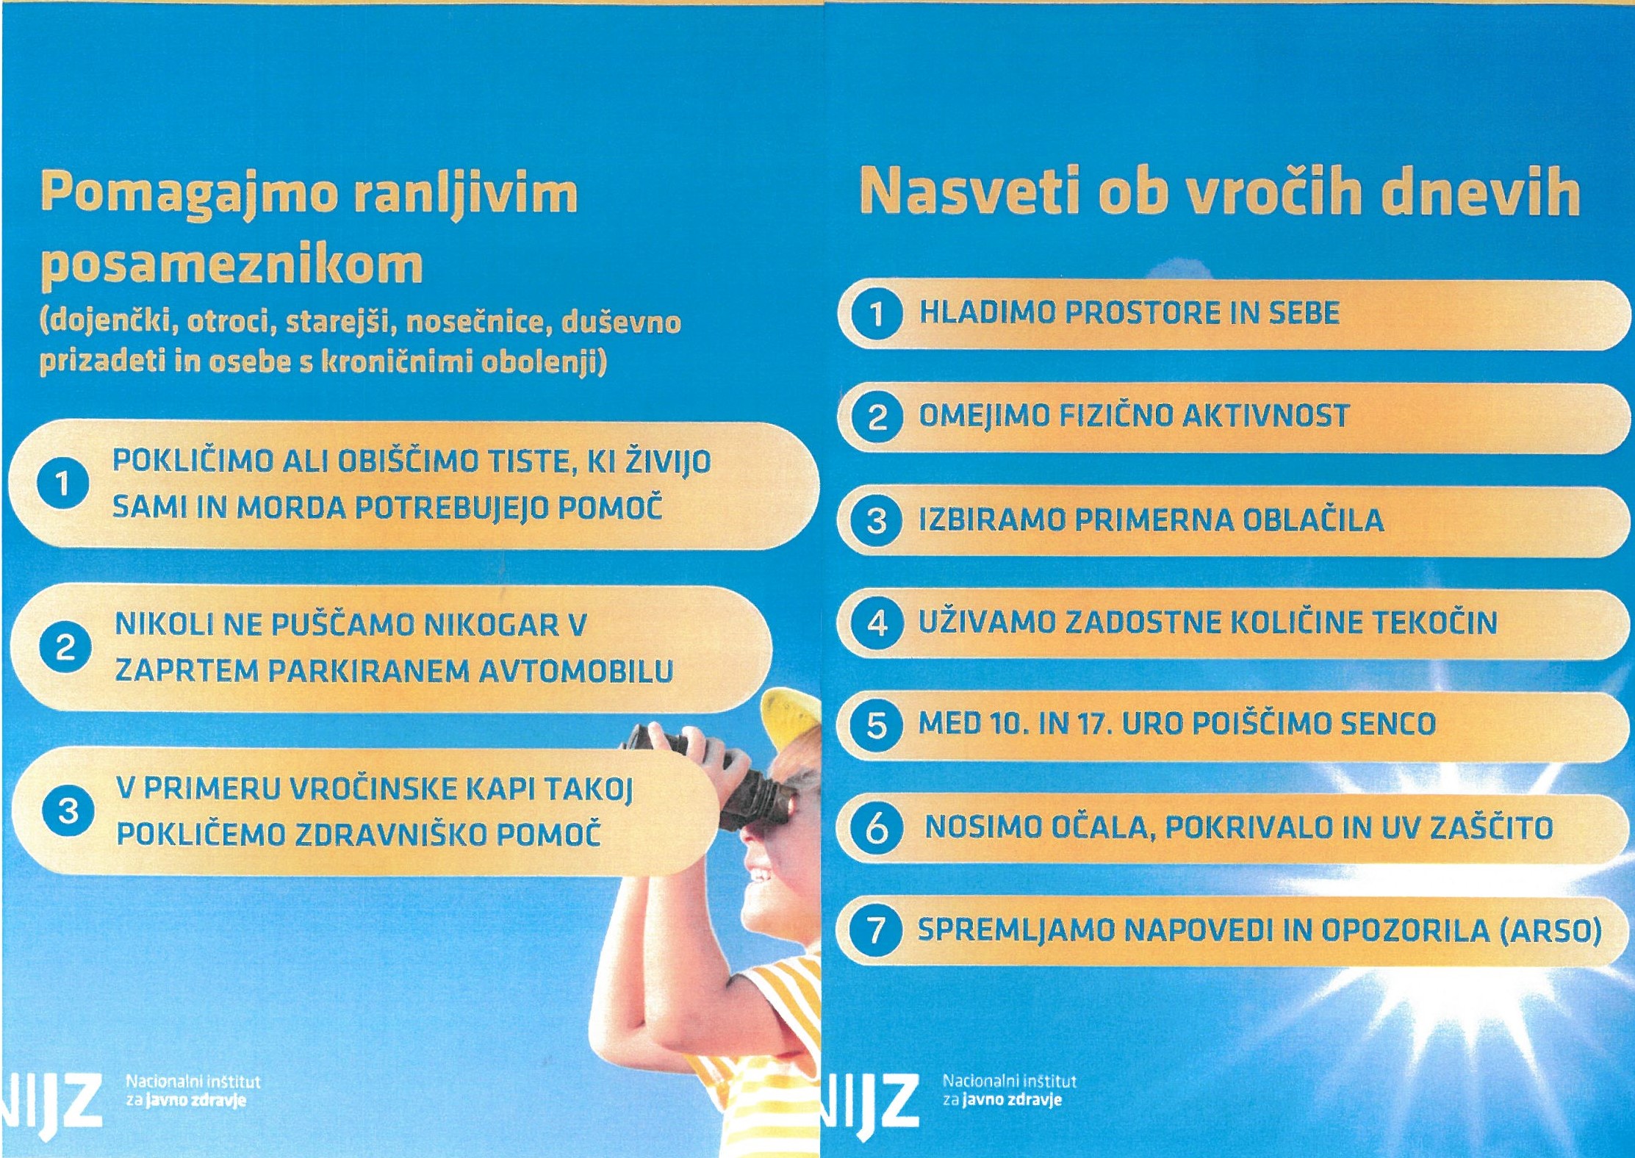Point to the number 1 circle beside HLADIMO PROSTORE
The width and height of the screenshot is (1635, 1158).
click(x=876, y=314)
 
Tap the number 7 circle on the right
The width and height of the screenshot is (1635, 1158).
click(x=875, y=930)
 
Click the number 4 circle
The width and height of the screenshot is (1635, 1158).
click(x=876, y=623)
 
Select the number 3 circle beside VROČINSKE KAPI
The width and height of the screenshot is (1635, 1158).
click(x=68, y=812)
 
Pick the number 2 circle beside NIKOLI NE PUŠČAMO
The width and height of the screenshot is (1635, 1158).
click(x=65, y=647)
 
